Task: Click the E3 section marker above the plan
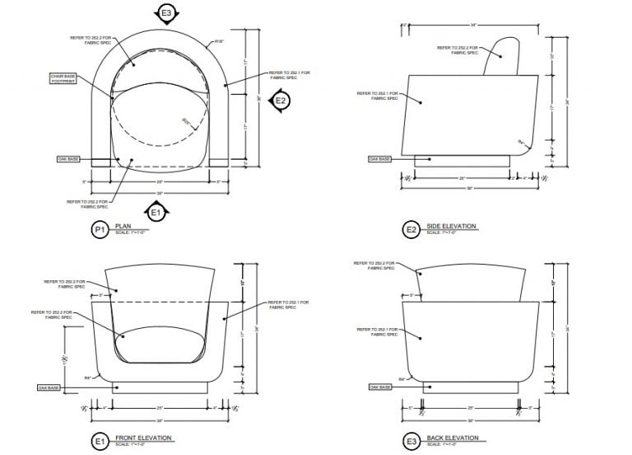tap(166, 13)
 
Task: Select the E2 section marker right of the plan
tap(281, 101)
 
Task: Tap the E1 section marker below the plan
tap(155, 213)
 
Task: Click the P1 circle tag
tap(100, 231)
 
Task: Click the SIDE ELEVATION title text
tap(451, 227)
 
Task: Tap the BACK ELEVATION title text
tap(451, 438)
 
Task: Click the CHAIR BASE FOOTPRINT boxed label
tap(63, 78)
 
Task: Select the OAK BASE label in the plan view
tap(67, 158)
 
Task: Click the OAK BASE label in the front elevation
tap(49, 387)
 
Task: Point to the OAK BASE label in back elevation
tap(379, 387)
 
